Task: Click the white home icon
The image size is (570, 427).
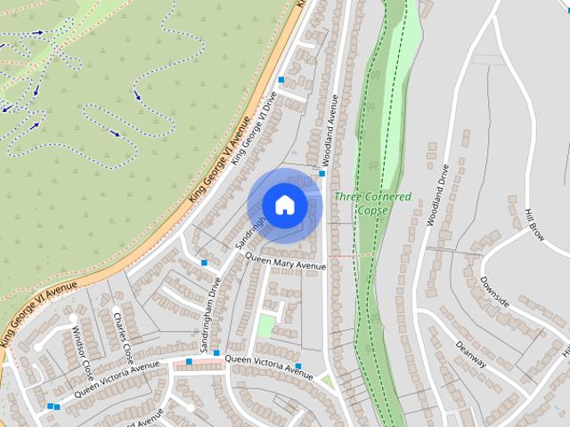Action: (284, 205)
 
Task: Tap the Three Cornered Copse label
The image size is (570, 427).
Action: (373, 202)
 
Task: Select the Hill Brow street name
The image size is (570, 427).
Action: (534, 225)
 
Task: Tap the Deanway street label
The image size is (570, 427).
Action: (469, 354)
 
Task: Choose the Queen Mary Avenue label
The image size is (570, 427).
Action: (285, 262)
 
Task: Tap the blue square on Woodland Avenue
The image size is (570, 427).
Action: (322, 173)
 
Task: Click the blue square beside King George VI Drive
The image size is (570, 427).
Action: (281, 80)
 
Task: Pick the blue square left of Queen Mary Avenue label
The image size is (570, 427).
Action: (205, 262)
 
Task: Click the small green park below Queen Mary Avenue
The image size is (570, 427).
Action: (265, 326)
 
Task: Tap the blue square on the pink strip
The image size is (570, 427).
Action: (189, 361)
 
